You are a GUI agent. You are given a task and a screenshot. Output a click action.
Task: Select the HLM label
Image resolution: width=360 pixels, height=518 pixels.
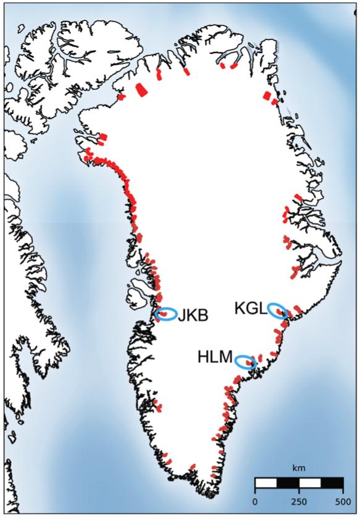[215, 357]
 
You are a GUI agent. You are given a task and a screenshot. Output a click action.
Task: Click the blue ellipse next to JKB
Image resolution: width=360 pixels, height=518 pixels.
[166, 314]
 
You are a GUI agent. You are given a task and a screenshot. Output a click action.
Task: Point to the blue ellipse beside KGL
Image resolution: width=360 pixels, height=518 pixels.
[277, 311]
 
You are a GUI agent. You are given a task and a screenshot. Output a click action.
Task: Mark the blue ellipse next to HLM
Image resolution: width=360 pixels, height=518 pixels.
[246, 362]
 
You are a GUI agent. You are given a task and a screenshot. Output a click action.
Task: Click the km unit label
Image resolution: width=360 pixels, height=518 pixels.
[299, 468]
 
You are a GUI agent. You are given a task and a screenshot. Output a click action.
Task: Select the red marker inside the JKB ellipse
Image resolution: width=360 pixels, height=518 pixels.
[165, 314]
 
